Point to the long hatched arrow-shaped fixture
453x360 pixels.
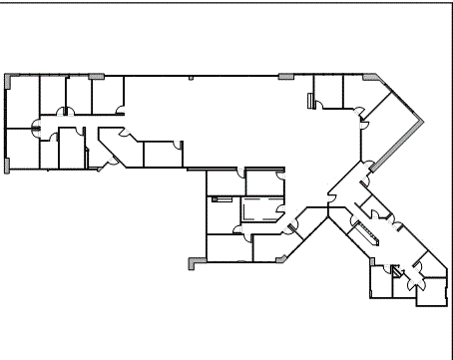tap(365, 230)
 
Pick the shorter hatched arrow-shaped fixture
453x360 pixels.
tap(397, 268)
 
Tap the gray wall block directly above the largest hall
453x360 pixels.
tap(286, 75)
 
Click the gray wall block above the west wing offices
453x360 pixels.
tap(97, 75)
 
